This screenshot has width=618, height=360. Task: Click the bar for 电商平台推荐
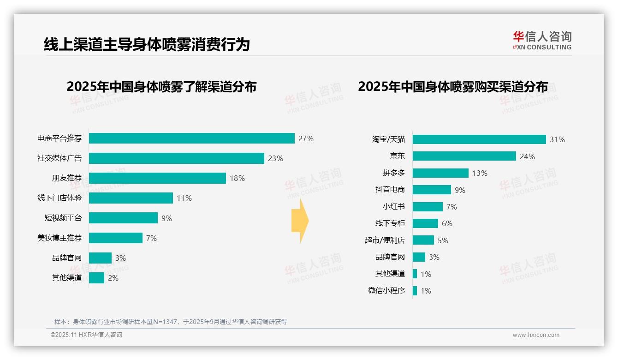click(191, 138)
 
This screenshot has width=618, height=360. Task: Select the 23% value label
click(275, 158)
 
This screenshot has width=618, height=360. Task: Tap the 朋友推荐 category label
click(66, 178)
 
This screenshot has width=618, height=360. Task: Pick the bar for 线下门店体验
click(131, 198)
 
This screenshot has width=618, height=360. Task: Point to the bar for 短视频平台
click(123, 218)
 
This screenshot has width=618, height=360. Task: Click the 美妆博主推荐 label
click(59, 238)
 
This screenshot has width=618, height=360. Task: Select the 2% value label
click(113, 278)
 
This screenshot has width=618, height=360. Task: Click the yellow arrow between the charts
click(300, 221)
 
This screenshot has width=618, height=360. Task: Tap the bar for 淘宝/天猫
click(479, 139)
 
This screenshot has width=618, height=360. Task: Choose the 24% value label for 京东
click(527, 156)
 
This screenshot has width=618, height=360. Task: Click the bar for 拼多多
click(440, 173)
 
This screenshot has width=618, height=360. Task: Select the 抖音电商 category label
click(390, 190)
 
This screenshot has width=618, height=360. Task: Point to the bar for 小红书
click(428, 207)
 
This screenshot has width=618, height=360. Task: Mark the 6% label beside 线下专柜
click(447, 223)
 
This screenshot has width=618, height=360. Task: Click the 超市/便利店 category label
click(384, 240)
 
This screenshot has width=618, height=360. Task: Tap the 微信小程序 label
click(386, 291)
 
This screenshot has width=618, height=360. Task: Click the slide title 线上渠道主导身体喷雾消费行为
click(147, 44)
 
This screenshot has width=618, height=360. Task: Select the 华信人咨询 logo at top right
click(542, 40)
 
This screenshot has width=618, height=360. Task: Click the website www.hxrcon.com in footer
click(535, 335)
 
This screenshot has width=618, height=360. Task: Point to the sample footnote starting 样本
click(170, 322)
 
